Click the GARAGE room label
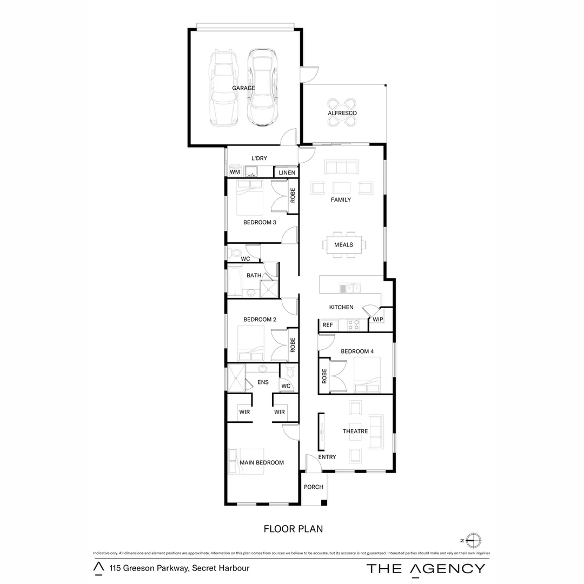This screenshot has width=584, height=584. [x=243, y=88]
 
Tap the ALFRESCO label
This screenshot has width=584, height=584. [x=342, y=113]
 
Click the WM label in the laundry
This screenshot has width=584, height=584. [x=235, y=172]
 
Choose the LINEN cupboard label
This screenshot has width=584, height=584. [x=287, y=172]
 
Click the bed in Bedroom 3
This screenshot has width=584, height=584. [x=249, y=197]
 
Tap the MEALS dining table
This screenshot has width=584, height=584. [x=343, y=244]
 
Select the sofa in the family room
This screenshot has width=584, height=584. [x=342, y=168]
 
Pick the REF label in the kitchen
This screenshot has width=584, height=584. [x=328, y=325]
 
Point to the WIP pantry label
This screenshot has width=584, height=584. [x=378, y=320]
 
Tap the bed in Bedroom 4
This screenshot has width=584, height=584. [x=367, y=375]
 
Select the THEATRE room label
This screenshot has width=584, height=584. [x=355, y=432]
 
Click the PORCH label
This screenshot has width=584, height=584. [x=314, y=487]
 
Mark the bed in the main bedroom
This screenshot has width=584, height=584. [x=246, y=461]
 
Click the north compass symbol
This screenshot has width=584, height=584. [x=473, y=540]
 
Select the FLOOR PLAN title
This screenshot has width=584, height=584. [x=293, y=529]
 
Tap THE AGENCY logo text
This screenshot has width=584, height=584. [x=426, y=568]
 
